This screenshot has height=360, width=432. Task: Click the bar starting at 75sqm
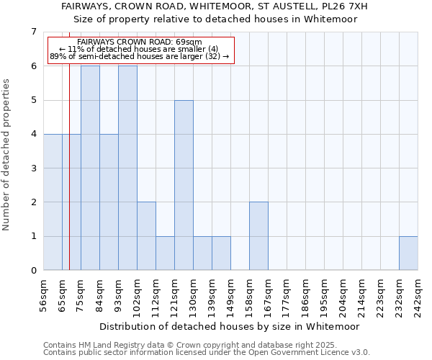click(90, 168)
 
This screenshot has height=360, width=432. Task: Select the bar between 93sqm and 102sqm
click(127, 168)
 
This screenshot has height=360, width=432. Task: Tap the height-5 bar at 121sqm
click(184, 185)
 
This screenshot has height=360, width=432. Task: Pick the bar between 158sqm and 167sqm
click(258, 236)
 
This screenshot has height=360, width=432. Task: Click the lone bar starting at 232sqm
click(408, 253)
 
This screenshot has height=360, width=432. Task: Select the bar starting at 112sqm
click(165, 253)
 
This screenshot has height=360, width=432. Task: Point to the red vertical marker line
click(69, 180)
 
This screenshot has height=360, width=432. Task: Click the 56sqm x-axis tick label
click(44, 295)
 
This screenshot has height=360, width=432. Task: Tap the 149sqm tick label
click(231, 295)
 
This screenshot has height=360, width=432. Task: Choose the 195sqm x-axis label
click(325, 295)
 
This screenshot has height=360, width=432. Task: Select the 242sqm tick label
click(418, 295)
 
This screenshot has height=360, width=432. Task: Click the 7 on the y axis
click(33, 32)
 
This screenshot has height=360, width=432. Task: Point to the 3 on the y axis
click(33, 168)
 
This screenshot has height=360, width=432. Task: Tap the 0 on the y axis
click(33, 271)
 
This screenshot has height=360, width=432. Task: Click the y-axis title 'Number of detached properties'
click(7, 155)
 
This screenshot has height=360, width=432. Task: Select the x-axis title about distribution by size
click(229, 326)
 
